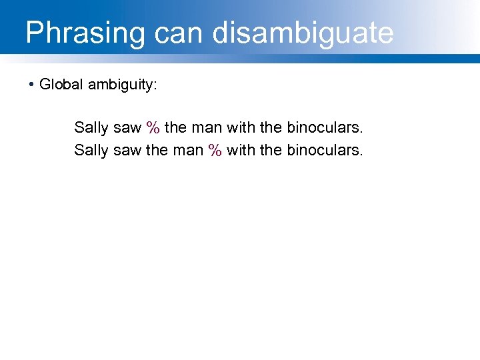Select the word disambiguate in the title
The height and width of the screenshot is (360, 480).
click(303, 33)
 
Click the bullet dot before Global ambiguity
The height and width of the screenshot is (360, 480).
click(31, 85)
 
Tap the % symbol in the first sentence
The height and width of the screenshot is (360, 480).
click(153, 127)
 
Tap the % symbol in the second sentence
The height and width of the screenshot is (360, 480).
click(215, 150)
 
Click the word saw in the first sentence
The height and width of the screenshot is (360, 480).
click(127, 127)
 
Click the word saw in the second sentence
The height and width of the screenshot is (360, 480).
click(127, 150)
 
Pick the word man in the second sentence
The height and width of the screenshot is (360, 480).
click(187, 150)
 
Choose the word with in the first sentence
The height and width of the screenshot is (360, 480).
click(241, 127)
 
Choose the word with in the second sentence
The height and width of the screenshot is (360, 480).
click(241, 150)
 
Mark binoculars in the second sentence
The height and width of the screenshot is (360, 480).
click(325, 150)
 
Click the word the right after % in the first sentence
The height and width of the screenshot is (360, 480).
click(175, 127)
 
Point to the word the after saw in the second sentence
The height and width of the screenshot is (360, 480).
click(157, 150)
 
